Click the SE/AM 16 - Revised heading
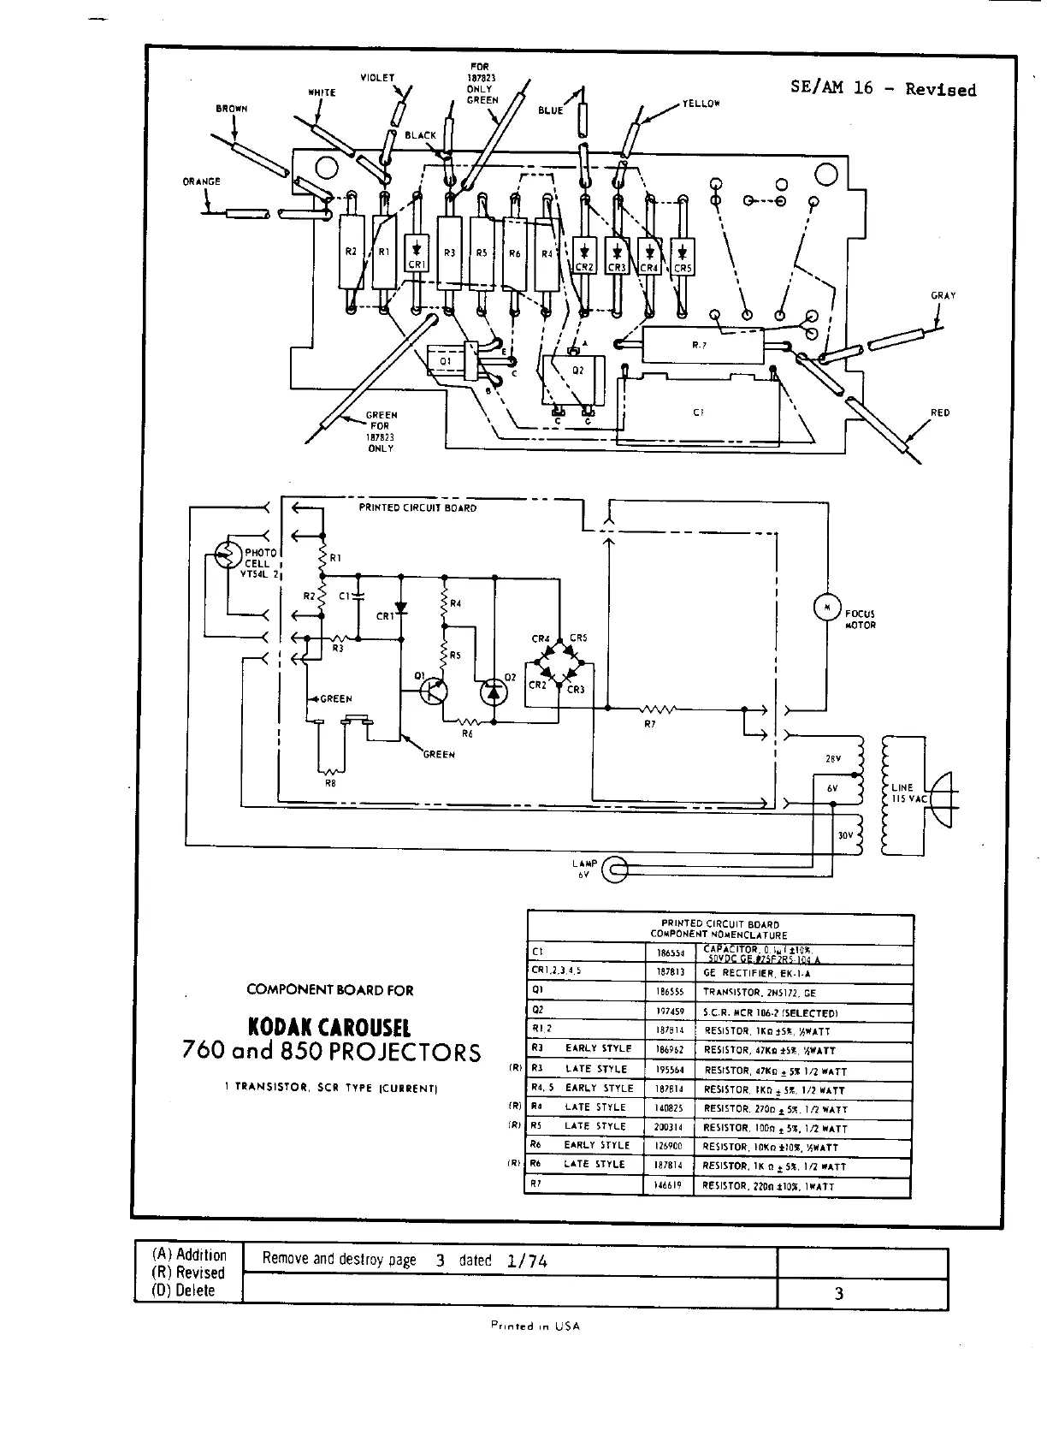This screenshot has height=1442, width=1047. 883,89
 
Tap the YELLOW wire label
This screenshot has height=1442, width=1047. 701,104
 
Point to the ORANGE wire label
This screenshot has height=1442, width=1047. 202,181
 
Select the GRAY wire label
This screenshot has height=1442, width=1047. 943,295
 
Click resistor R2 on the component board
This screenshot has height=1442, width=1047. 352,252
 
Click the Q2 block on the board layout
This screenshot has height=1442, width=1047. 578,377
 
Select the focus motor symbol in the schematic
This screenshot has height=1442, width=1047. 826,608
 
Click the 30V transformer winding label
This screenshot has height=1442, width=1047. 845,835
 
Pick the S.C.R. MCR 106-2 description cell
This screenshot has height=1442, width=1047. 770,1012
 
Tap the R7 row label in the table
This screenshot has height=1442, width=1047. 536,1184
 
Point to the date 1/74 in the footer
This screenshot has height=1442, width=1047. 527,1261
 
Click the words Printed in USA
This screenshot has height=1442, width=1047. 535,1326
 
